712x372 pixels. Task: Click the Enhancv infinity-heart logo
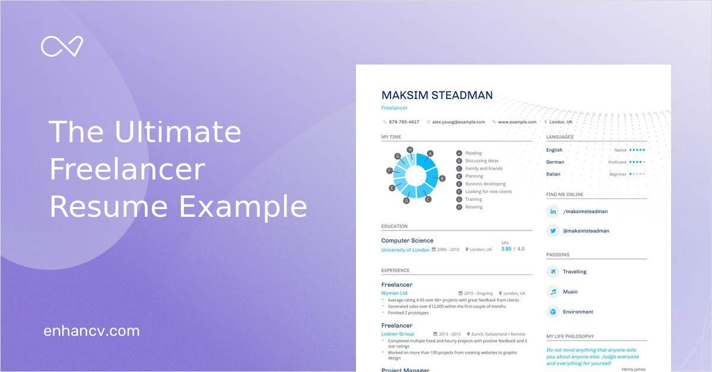[x=62, y=46]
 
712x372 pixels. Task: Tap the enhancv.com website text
[x=91, y=331]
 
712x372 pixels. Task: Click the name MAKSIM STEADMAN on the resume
[x=437, y=95]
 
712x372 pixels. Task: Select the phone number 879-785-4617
[x=403, y=122]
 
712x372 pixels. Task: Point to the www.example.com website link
[x=516, y=122]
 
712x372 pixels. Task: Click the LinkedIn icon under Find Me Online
[x=553, y=211]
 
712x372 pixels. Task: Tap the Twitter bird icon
[x=553, y=231]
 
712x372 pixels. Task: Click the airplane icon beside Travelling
[x=553, y=272]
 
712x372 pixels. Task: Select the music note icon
[x=553, y=292]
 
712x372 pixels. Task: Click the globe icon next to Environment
[x=553, y=312]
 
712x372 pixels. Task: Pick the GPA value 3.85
[x=506, y=249]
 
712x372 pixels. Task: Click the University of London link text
[x=405, y=250]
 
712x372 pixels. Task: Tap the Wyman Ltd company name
[x=394, y=293]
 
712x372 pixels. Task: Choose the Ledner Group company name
[x=398, y=334]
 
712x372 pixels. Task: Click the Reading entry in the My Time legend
[x=473, y=153]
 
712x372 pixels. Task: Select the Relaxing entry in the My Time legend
[x=473, y=207]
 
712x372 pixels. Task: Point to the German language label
[x=555, y=162]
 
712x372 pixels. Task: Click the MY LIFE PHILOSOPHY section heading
[x=570, y=336]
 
